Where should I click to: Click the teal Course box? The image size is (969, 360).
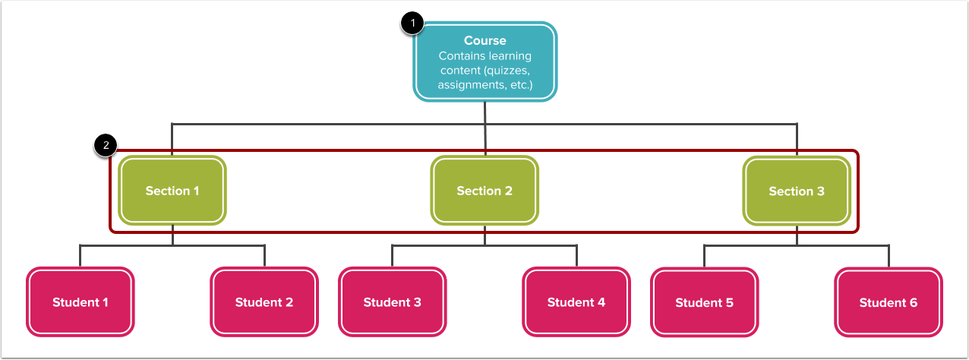point(485,62)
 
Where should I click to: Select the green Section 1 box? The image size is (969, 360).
point(172,191)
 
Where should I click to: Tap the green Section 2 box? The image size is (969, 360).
point(485,191)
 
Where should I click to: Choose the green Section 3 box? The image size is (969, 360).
point(797,191)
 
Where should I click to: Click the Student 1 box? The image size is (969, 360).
point(80,302)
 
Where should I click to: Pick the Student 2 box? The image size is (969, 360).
point(264,302)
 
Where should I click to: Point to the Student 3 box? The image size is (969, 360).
point(392,302)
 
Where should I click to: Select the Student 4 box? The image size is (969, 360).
point(576,302)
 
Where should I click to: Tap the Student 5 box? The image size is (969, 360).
point(705,302)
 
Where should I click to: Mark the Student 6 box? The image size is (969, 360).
point(889,302)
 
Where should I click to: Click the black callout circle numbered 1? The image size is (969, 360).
point(412,23)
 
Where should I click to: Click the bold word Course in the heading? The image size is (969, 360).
point(485,40)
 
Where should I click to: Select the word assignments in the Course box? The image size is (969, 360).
point(472,85)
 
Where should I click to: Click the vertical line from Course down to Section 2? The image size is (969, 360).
point(485,129)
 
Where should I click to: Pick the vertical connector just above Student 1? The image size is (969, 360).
point(80,256)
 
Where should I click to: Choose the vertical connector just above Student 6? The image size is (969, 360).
point(889,256)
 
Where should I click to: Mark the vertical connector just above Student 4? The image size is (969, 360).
point(576,256)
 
